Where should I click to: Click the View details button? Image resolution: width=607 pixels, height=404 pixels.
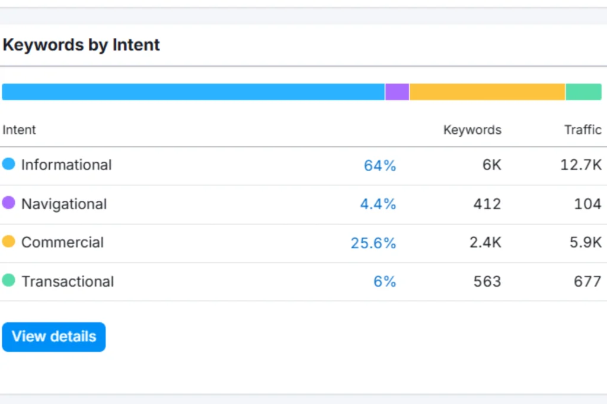54,336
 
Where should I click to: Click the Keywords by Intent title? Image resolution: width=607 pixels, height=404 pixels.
81,44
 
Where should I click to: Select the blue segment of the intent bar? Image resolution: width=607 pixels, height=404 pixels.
193,92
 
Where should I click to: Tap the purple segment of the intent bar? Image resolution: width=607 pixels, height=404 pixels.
397,92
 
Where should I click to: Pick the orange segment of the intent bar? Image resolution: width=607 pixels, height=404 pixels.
487,92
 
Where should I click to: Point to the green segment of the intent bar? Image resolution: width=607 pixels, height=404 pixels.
583,92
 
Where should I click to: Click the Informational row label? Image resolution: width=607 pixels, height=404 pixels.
66,165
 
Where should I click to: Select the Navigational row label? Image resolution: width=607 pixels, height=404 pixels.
64,204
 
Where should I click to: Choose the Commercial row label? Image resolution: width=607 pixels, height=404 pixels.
62,242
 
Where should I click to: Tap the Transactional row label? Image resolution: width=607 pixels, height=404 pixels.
68,281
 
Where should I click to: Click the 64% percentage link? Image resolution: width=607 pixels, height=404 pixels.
380,166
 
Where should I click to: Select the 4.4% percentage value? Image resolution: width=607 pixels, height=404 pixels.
378,204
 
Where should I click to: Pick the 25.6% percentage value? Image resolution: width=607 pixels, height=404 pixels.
373,243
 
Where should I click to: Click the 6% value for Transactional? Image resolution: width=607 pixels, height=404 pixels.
385,282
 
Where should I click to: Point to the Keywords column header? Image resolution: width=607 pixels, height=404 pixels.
472,130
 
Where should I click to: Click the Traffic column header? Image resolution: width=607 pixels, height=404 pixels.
583,130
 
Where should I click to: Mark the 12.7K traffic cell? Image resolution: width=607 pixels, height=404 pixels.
581,165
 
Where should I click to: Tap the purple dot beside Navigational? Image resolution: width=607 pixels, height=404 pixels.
8,203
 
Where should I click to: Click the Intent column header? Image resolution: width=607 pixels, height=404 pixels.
19,130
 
